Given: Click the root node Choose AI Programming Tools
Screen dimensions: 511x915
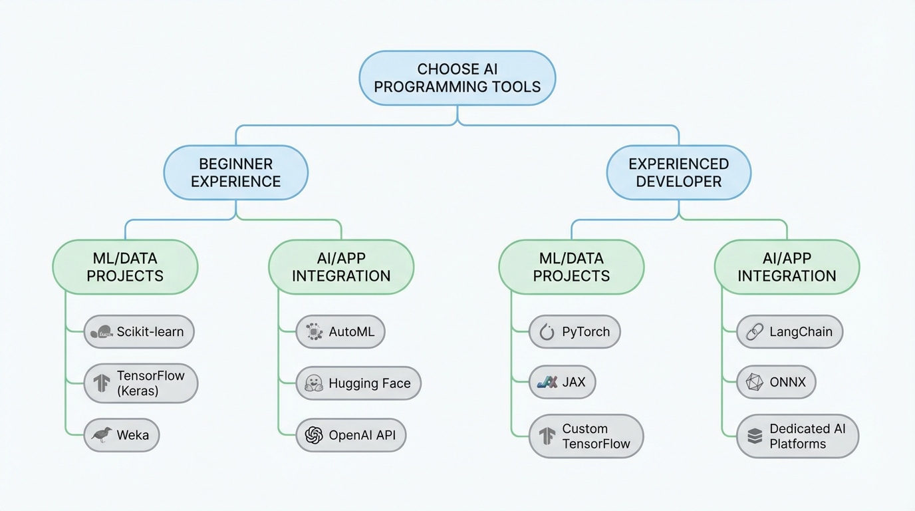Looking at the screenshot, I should click(x=457, y=78).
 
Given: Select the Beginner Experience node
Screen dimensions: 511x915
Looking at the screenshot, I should click(x=235, y=172).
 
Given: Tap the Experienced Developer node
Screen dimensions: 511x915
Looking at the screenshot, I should click(x=678, y=172).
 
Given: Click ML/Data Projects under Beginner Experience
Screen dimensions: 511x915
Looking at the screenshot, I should click(x=125, y=267).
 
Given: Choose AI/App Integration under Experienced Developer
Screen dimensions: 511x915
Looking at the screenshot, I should click(x=787, y=267).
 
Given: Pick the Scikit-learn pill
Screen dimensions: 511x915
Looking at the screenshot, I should click(x=139, y=331).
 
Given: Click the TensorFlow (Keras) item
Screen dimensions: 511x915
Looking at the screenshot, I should click(x=141, y=383).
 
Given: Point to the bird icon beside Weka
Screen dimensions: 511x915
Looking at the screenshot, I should click(x=101, y=435).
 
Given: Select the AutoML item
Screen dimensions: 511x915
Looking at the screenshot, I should click(x=340, y=331).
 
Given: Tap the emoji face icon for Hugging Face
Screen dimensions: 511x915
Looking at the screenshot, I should click(x=313, y=383).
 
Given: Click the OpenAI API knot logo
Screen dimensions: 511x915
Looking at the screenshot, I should click(x=313, y=435).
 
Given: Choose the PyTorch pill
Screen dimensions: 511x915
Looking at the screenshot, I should click(x=575, y=331).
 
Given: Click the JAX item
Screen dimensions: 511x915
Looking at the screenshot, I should click(x=562, y=382).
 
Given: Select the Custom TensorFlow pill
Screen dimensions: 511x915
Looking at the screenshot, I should click(x=586, y=436).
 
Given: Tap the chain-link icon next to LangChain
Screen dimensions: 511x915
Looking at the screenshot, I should click(x=754, y=332).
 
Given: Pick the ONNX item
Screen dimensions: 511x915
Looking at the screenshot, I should click(x=776, y=382).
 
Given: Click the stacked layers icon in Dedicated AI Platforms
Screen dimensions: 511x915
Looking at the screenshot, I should click(x=754, y=436).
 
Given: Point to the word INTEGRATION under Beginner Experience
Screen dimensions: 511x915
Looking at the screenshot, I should click(x=341, y=276).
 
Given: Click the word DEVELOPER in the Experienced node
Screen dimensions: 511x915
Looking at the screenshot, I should click(x=678, y=182).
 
